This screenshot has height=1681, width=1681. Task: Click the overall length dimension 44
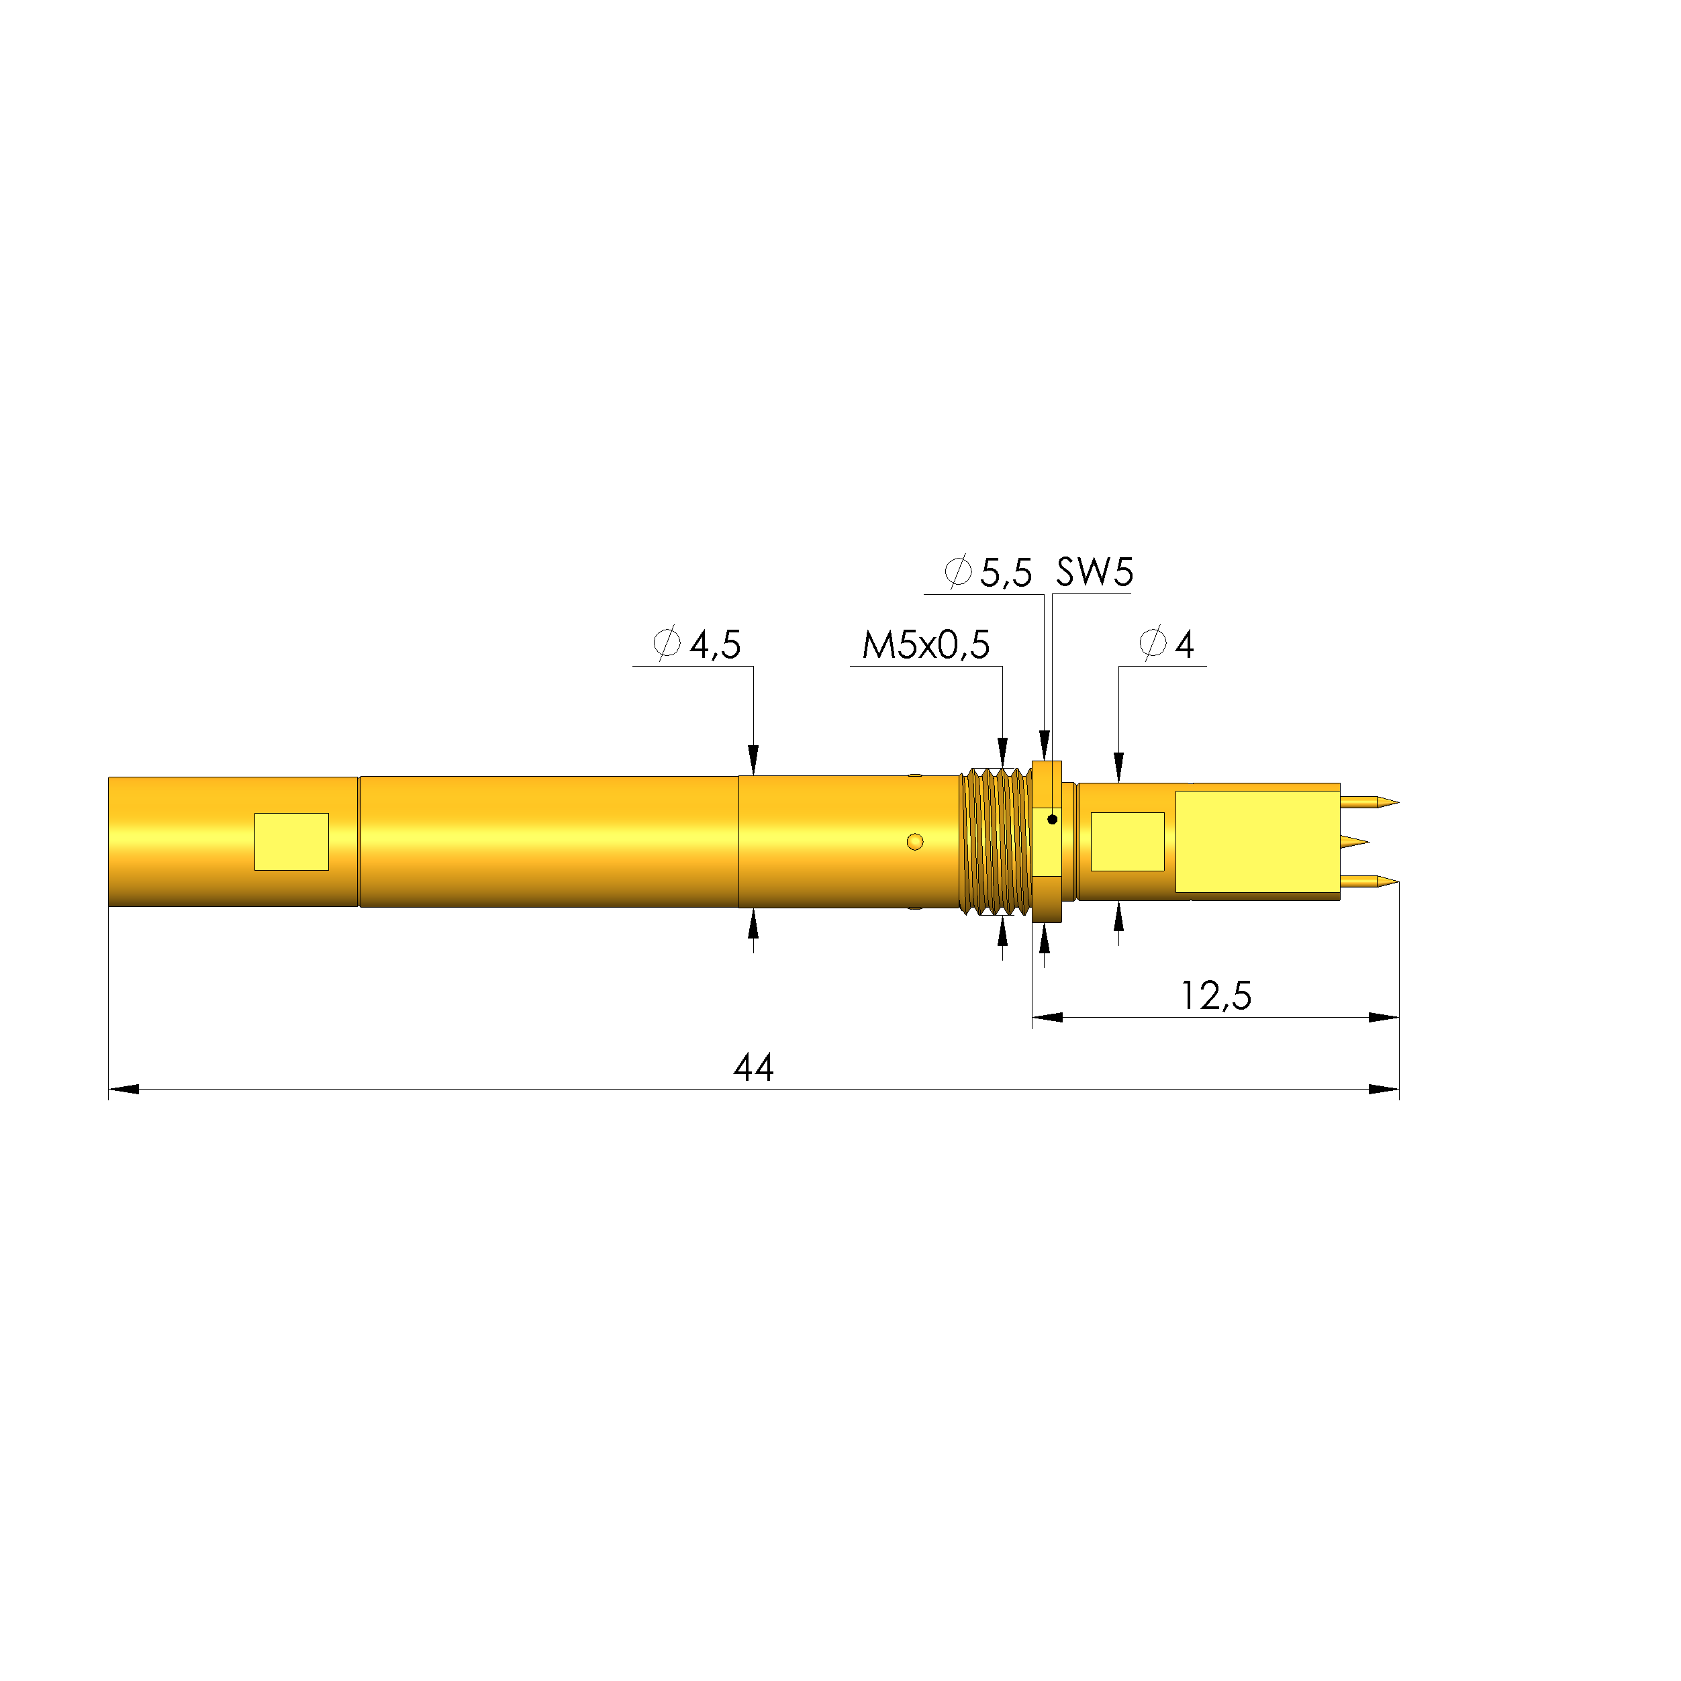point(753,1067)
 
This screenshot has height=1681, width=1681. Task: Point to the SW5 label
point(1094,573)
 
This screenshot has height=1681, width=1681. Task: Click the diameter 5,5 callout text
point(990,573)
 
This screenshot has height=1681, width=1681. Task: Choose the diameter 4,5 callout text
point(698,644)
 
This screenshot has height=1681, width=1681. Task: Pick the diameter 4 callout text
point(1167,644)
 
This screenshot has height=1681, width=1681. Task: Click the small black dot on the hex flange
point(1052,819)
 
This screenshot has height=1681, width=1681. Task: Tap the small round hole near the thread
point(914,841)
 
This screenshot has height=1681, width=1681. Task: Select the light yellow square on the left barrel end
point(291,841)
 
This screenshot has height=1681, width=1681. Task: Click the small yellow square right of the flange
point(1128,841)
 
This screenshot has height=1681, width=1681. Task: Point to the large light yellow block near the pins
point(1257,840)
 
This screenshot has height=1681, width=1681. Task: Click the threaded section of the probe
point(994,840)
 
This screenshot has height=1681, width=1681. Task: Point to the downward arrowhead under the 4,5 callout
point(753,759)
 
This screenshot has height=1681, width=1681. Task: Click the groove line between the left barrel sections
point(358,841)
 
